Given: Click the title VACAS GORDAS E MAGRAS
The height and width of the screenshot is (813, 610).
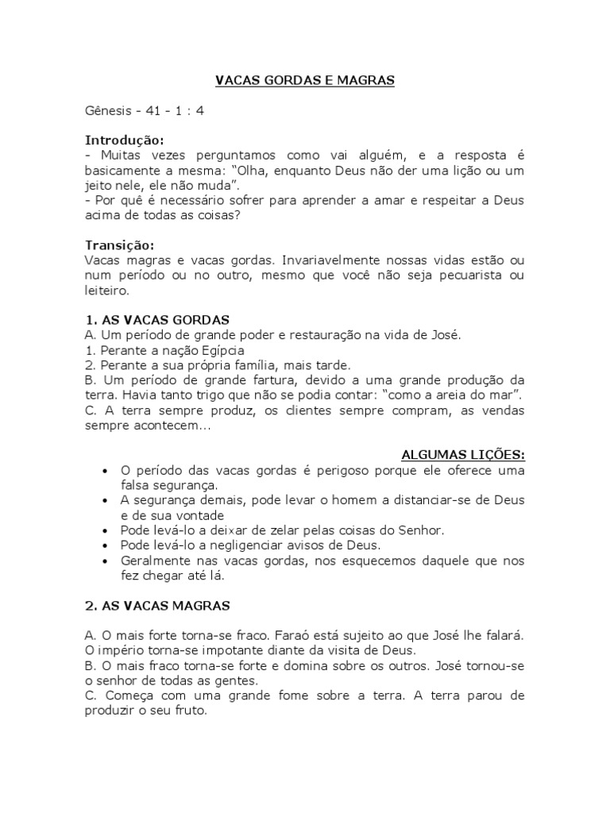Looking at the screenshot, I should pos(305,81).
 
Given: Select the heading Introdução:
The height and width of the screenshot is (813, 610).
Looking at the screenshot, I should pos(123,141).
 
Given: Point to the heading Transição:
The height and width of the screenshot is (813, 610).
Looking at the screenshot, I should pos(119,245).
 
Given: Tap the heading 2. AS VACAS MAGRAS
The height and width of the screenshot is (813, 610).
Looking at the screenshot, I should pos(156,606).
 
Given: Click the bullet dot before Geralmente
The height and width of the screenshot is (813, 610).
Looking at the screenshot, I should pos(105,561).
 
